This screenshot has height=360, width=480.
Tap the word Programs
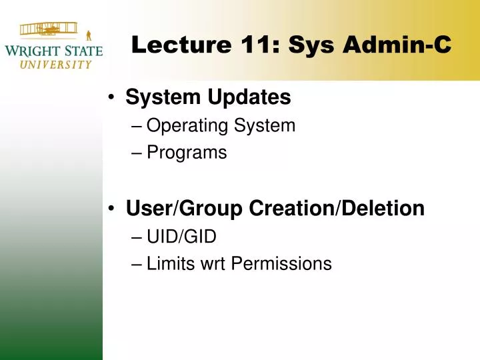[x=187, y=153]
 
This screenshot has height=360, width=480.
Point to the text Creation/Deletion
[x=337, y=209]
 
